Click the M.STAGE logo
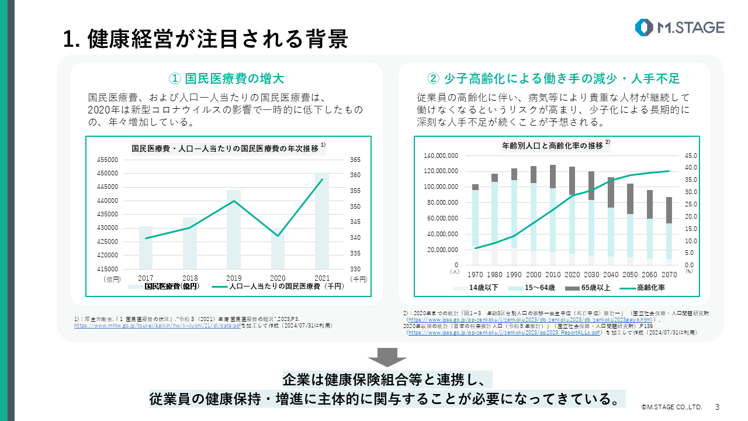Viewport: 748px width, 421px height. click(x=680, y=27)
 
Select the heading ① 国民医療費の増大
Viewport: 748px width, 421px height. click(x=226, y=78)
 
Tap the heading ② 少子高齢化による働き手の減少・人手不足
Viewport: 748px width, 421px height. click(x=553, y=78)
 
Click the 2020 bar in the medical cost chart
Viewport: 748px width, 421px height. click(x=278, y=249)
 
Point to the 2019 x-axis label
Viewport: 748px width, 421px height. click(x=233, y=277)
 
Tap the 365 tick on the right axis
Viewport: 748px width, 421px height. click(x=355, y=160)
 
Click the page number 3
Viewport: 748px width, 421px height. click(x=717, y=406)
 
